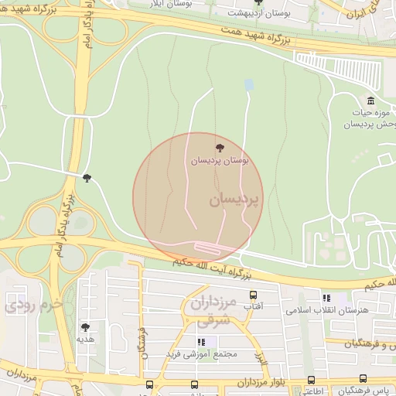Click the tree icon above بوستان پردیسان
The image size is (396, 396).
(x=220, y=148)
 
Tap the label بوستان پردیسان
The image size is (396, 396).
(x=220, y=160)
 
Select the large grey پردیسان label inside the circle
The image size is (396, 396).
(x=234, y=199)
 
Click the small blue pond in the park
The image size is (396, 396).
(x=248, y=84)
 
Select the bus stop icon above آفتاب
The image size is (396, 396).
(x=253, y=295)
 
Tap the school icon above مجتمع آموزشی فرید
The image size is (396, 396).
(x=201, y=341)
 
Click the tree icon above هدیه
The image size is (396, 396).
(x=85, y=327)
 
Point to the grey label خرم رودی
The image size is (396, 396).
(x=31, y=304)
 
